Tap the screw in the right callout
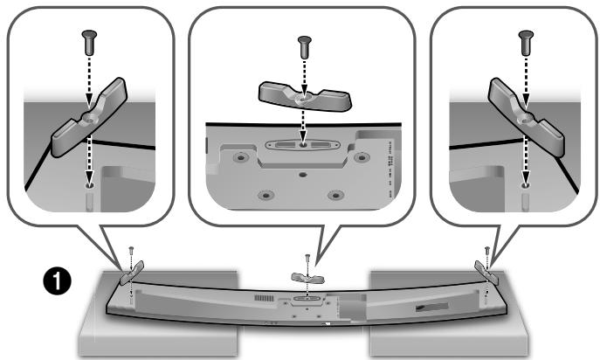pyautogui.click(x=525, y=38)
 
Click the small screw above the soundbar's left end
pyautogui.click(x=129, y=254)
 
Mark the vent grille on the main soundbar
pyautogui.click(x=261, y=300)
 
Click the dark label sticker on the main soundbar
pyautogui.click(x=432, y=308)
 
